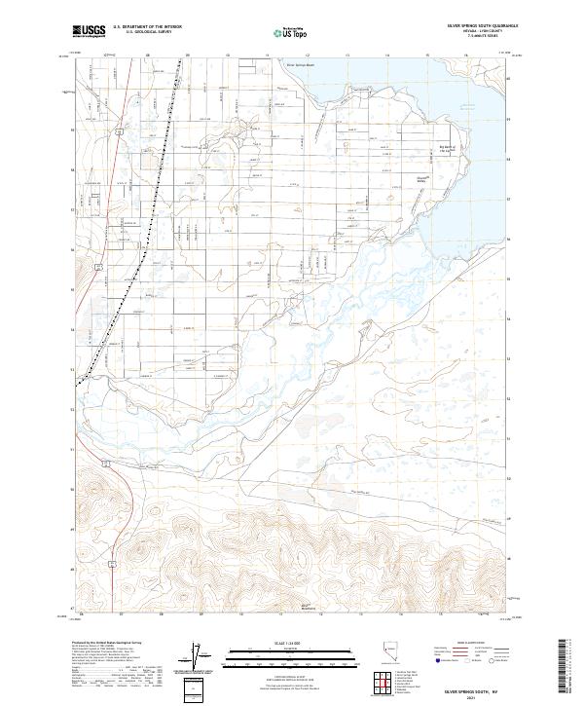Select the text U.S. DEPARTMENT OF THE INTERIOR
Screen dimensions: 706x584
147,27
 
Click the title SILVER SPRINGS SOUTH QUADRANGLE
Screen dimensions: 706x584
482,27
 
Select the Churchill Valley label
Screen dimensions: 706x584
422,178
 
